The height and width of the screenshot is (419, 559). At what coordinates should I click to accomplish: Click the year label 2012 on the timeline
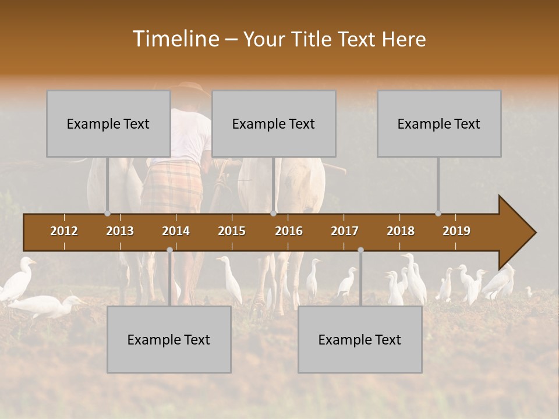pyautogui.click(x=64, y=231)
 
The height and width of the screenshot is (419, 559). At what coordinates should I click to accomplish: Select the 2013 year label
pyautogui.click(x=120, y=231)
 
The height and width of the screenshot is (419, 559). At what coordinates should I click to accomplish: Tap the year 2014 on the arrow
pyautogui.click(x=176, y=231)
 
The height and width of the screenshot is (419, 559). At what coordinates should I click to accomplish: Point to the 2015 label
pyautogui.click(x=232, y=231)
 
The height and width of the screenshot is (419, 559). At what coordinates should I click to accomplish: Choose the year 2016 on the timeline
pyautogui.click(x=289, y=231)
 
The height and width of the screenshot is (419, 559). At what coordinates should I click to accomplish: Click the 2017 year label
pyautogui.click(x=345, y=231)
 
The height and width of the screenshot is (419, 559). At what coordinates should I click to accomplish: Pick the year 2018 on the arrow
pyautogui.click(x=401, y=231)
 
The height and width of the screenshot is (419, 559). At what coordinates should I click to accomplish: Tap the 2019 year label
pyautogui.click(x=457, y=231)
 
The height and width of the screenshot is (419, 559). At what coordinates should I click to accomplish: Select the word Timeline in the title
pyautogui.click(x=175, y=39)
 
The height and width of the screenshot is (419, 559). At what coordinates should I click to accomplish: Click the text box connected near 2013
pyautogui.click(x=108, y=123)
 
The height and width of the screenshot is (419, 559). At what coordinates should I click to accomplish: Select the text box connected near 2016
pyautogui.click(x=274, y=123)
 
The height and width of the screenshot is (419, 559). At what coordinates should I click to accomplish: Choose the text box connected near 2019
pyautogui.click(x=439, y=123)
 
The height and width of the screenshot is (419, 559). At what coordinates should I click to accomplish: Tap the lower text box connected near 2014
pyautogui.click(x=169, y=339)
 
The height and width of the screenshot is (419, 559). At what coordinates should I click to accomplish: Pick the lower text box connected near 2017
pyautogui.click(x=360, y=339)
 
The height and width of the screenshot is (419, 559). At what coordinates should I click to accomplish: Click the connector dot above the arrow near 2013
pyautogui.click(x=107, y=214)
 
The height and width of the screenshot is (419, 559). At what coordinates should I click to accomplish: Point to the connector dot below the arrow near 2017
pyautogui.click(x=360, y=250)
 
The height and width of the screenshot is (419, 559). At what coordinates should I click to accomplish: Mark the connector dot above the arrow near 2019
pyautogui.click(x=438, y=214)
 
